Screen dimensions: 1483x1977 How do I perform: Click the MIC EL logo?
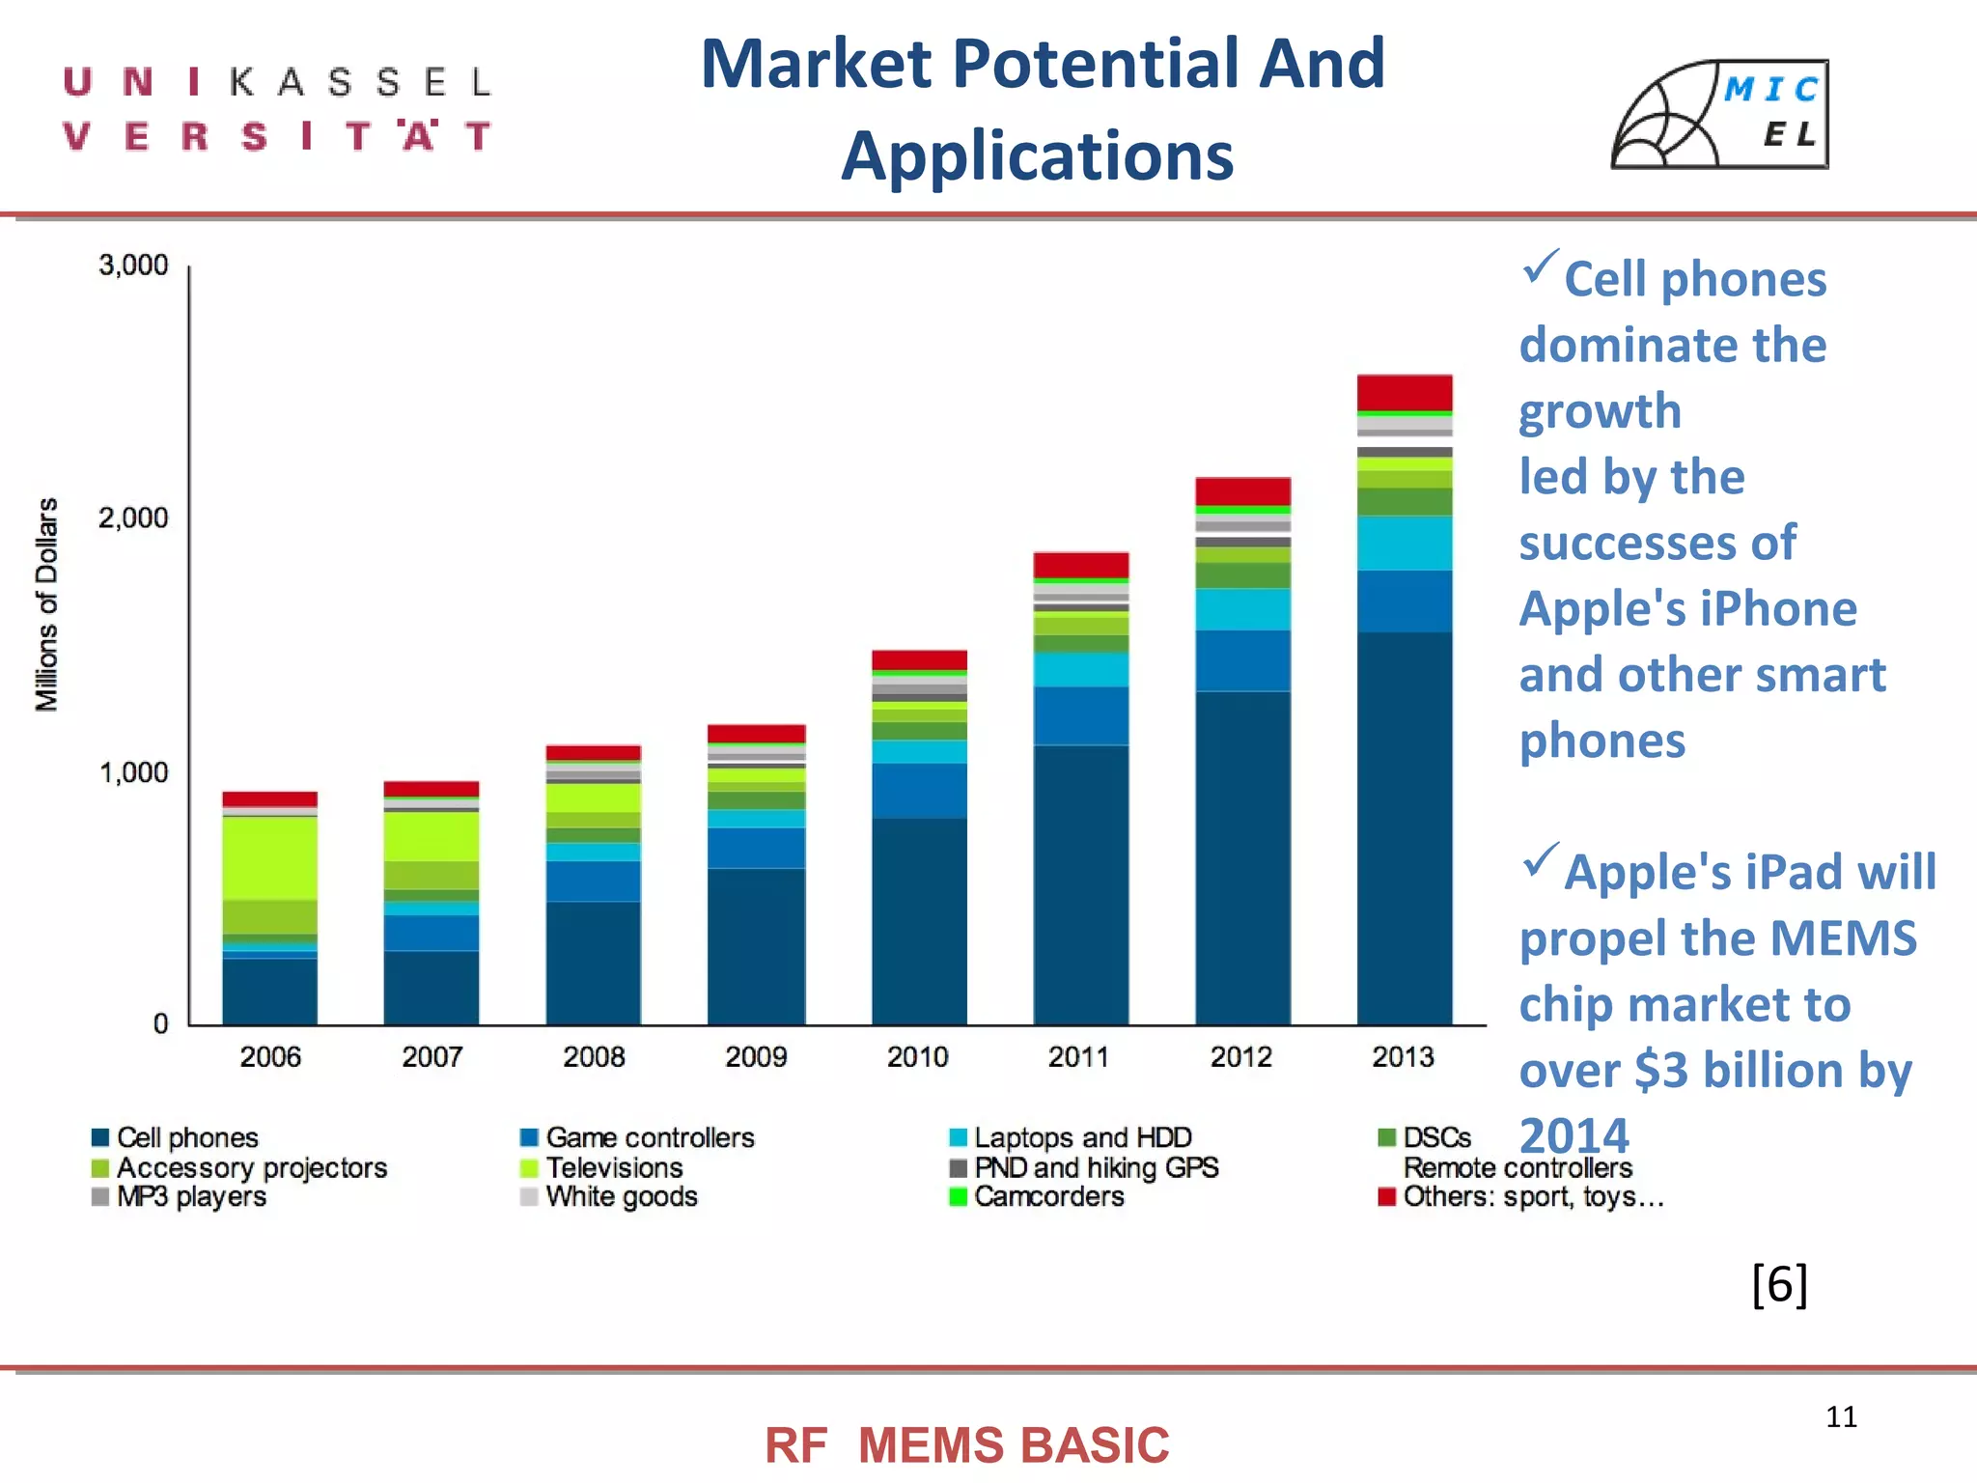coord(1720,114)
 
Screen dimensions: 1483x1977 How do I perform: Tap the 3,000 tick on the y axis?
coord(133,265)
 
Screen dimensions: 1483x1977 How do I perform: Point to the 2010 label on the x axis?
coord(917,1056)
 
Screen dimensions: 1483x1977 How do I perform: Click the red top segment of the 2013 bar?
coord(1404,392)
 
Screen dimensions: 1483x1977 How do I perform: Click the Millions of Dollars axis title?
coord(46,604)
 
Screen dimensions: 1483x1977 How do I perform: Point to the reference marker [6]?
coord(1778,1284)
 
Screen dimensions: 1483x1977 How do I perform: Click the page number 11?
coord(1841,1416)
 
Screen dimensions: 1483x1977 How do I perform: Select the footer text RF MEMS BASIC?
coord(966,1445)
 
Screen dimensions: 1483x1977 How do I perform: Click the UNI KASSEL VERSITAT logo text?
coord(278,108)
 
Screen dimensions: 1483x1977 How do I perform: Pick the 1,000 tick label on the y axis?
coord(133,772)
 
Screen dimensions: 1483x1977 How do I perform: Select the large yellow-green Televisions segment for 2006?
coord(269,857)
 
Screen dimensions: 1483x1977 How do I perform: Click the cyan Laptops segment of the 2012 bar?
coord(1242,609)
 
